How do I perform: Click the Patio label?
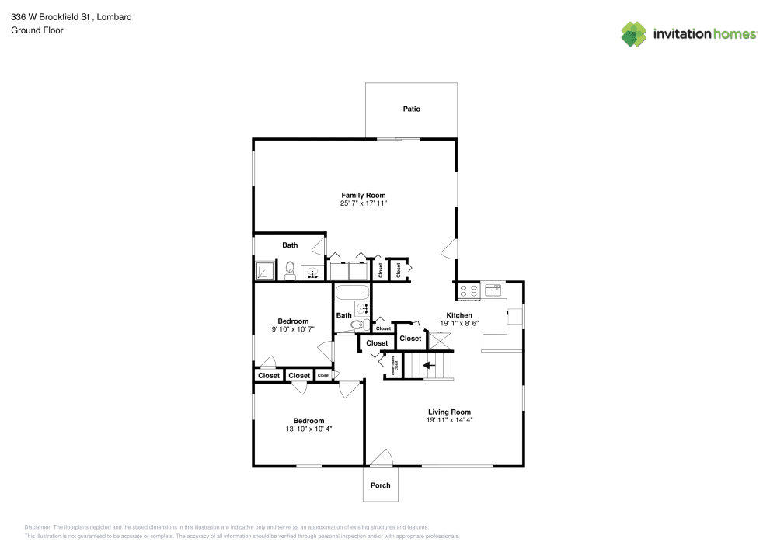pyautogui.click(x=411, y=109)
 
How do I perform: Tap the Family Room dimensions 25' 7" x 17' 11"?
pyautogui.click(x=363, y=203)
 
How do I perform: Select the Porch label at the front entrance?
pyautogui.click(x=380, y=485)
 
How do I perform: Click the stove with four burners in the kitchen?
pyautogui.click(x=469, y=290)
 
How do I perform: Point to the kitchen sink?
pyautogui.click(x=494, y=290)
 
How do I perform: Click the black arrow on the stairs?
pyautogui.click(x=427, y=366)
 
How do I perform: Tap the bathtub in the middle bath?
pyautogui.click(x=352, y=294)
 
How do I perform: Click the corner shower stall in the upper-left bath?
pyautogui.click(x=265, y=270)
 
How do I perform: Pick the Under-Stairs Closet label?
pyautogui.click(x=394, y=363)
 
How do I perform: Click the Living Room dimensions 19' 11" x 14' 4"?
pyautogui.click(x=449, y=420)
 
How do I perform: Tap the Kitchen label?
pyautogui.click(x=459, y=315)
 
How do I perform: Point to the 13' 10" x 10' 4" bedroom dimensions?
pyautogui.click(x=308, y=429)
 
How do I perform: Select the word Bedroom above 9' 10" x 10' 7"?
pyautogui.click(x=293, y=321)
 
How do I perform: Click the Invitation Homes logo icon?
pyautogui.click(x=633, y=33)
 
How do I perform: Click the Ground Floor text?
pyautogui.click(x=37, y=30)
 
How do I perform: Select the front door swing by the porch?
pyautogui.click(x=380, y=459)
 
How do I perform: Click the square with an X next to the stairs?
pyautogui.click(x=440, y=340)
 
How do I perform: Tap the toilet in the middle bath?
pyautogui.click(x=358, y=325)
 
